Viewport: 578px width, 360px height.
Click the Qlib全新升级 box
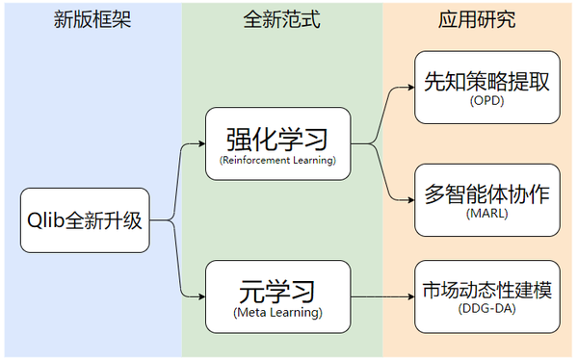coord(85,220)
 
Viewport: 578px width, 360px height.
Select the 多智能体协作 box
coord(486,200)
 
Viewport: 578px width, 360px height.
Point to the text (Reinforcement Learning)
coord(277,160)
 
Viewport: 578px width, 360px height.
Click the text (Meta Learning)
coord(277,313)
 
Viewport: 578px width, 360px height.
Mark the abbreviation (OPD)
coord(486,102)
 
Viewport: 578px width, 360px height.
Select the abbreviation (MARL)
coord(486,214)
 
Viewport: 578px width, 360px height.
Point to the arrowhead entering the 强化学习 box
coord(200,144)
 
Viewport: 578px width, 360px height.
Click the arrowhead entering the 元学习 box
coord(200,297)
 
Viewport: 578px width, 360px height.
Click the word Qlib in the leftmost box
coord(45,220)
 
